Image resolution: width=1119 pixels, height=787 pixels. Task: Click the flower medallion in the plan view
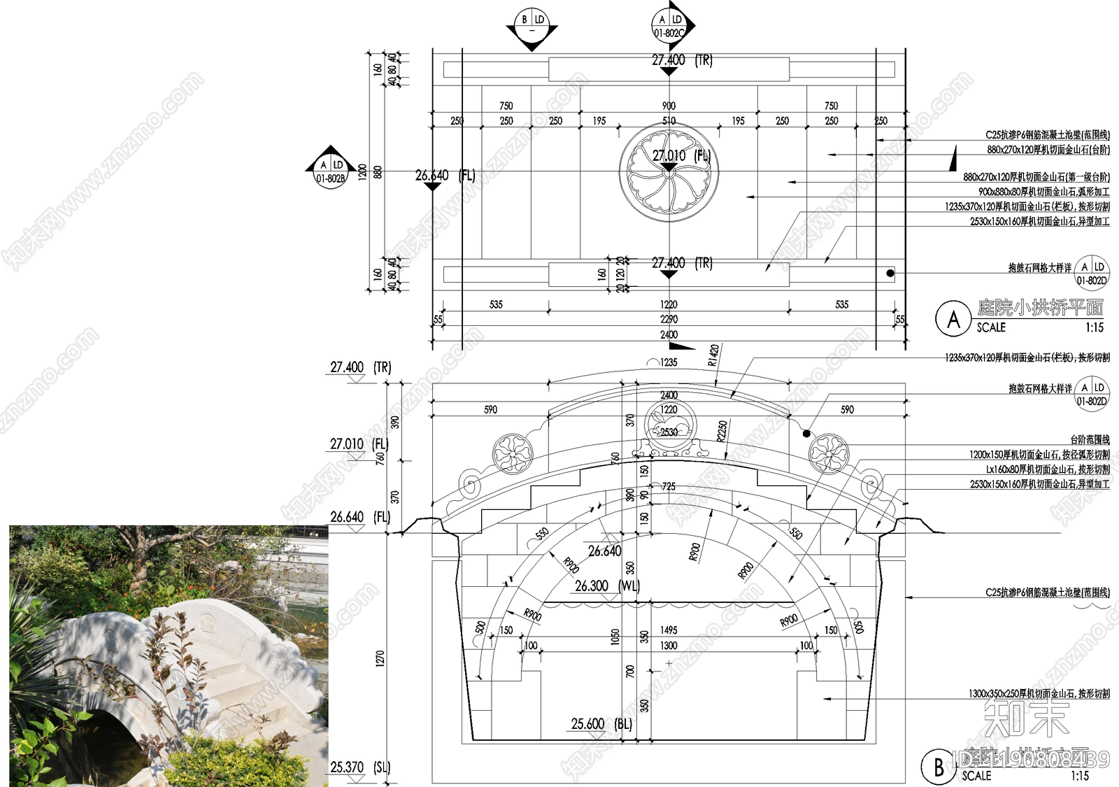(x=669, y=173)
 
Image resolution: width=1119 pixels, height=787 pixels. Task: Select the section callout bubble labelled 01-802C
(x=669, y=27)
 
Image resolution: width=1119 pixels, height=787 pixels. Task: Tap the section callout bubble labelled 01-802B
(x=331, y=171)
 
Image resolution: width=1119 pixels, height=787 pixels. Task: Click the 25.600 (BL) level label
(x=601, y=724)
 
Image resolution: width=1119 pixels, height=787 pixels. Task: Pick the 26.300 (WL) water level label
(x=606, y=586)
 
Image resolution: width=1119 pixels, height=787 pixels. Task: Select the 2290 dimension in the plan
(x=669, y=319)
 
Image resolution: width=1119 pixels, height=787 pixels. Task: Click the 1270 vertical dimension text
(x=380, y=658)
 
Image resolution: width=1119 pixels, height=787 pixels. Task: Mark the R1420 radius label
(x=713, y=355)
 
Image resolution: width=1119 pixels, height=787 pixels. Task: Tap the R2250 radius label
(x=722, y=431)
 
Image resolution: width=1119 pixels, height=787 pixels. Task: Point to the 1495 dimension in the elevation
(x=669, y=630)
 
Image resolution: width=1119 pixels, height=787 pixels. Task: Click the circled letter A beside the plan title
(x=953, y=319)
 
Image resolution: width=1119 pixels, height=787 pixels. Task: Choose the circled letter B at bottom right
(x=939, y=767)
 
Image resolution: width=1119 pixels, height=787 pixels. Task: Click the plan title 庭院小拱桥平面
(x=1040, y=307)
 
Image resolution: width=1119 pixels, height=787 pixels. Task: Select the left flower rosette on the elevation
(x=513, y=453)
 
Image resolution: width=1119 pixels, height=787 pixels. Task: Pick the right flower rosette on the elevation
(x=829, y=453)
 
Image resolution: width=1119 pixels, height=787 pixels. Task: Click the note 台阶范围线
(x=1090, y=439)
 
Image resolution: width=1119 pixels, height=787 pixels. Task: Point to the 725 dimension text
(x=669, y=486)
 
